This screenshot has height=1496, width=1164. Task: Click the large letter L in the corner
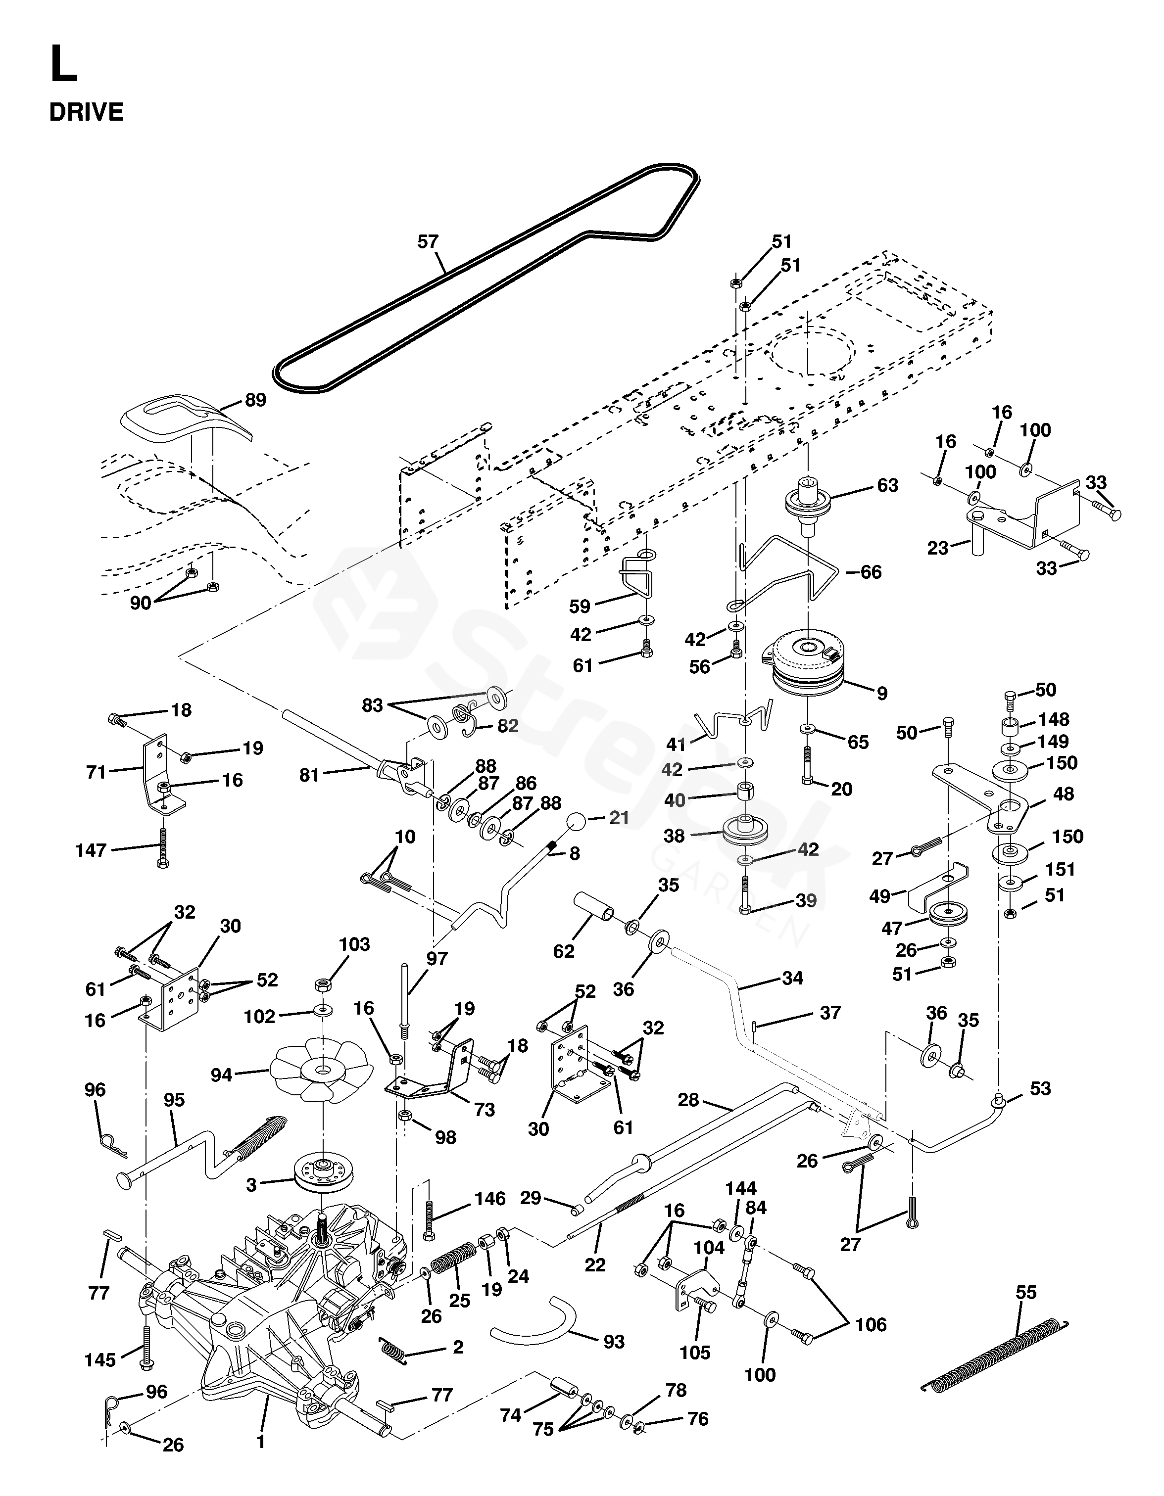pos(63,65)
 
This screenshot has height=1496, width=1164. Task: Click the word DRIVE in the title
pos(86,112)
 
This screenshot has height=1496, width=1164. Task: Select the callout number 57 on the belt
pos(428,242)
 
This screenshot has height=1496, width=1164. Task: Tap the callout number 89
pos(255,399)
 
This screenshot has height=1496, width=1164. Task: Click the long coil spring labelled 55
pos(993,1355)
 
